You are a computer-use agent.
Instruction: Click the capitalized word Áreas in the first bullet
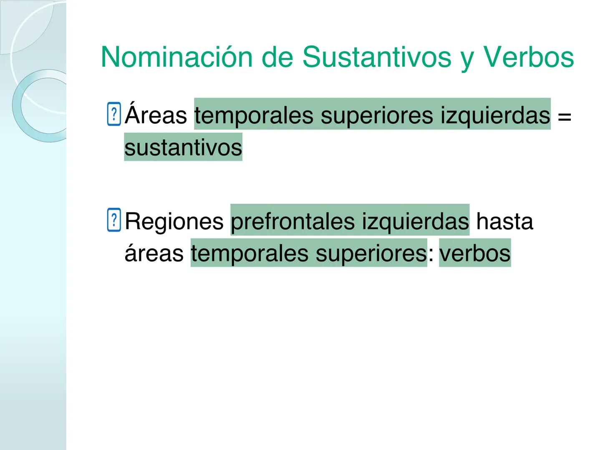156,115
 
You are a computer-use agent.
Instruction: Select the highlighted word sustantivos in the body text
183,147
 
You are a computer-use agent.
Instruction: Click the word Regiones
174,221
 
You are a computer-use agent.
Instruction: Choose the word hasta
504,221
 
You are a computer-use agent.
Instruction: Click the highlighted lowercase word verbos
475,253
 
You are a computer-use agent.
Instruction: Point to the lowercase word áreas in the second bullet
154,253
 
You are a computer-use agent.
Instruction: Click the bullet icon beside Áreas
114,114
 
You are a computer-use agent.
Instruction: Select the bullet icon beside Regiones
114,220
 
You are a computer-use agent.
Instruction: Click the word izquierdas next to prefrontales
415,221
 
